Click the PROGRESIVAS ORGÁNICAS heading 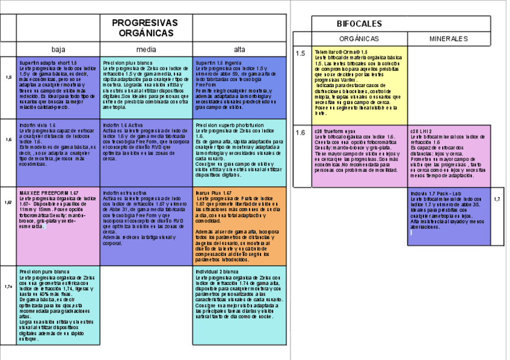pyautogui.click(x=146, y=28)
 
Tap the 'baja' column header pyautogui.click(x=58, y=49)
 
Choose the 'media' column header pyautogui.click(x=146, y=49)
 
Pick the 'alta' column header pyautogui.click(x=239, y=49)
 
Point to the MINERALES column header pyautogui.click(x=449, y=38)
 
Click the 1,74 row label pyautogui.click(x=8, y=286)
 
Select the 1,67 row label pyautogui.click(x=8, y=203)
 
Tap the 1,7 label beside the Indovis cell pyautogui.click(x=497, y=198)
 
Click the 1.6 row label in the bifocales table pyautogui.click(x=301, y=133)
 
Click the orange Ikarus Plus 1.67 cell pyautogui.click(x=239, y=226)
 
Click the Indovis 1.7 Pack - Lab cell pyautogui.click(x=449, y=216)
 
